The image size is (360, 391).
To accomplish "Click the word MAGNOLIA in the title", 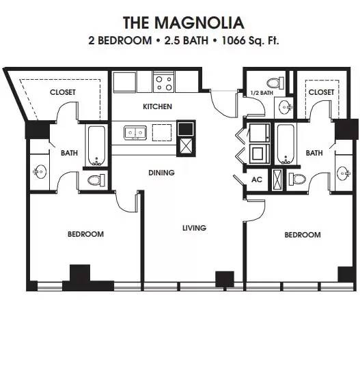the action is click(199, 23).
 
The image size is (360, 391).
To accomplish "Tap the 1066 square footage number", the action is click(234, 40).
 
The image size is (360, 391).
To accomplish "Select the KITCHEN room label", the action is click(157, 106).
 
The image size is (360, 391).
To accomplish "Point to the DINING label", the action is click(161, 173).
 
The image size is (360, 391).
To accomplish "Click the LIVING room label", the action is click(194, 228).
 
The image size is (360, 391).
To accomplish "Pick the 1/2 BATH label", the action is click(262, 93).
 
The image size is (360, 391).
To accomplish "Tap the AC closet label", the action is click(257, 179).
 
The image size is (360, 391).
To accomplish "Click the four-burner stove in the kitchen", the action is click(164, 82).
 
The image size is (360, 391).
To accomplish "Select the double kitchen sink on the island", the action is click(135, 133).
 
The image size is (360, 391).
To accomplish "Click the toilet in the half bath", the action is click(275, 83).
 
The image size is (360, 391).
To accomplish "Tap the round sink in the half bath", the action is click(285, 107).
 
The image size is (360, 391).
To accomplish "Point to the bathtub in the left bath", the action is click(96, 146).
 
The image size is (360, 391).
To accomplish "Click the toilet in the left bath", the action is click(96, 180).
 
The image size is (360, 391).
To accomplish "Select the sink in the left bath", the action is click(40, 172).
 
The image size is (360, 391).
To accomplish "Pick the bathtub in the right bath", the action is click(286, 144).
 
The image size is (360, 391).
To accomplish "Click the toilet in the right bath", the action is click(297, 179).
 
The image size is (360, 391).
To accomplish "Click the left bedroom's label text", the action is click(85, 234).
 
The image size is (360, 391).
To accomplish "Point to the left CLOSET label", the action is click(62, 92).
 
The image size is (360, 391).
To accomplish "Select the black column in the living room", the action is click(225, 279).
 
